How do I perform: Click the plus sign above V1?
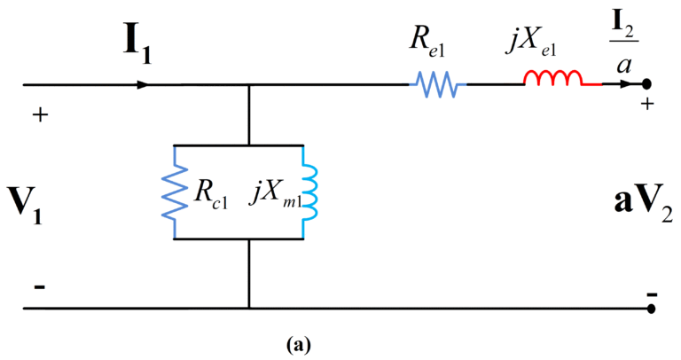[40, 114]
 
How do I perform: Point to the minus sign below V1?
[40, 289]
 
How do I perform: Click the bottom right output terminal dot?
[652, 309]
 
